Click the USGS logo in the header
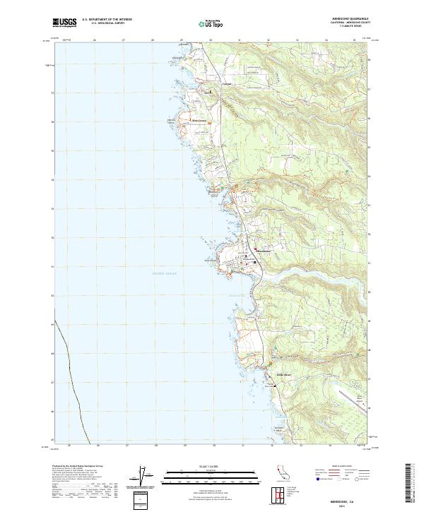pos(64,23)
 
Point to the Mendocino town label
pos(261,251)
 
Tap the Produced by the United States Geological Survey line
pos(77,467)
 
